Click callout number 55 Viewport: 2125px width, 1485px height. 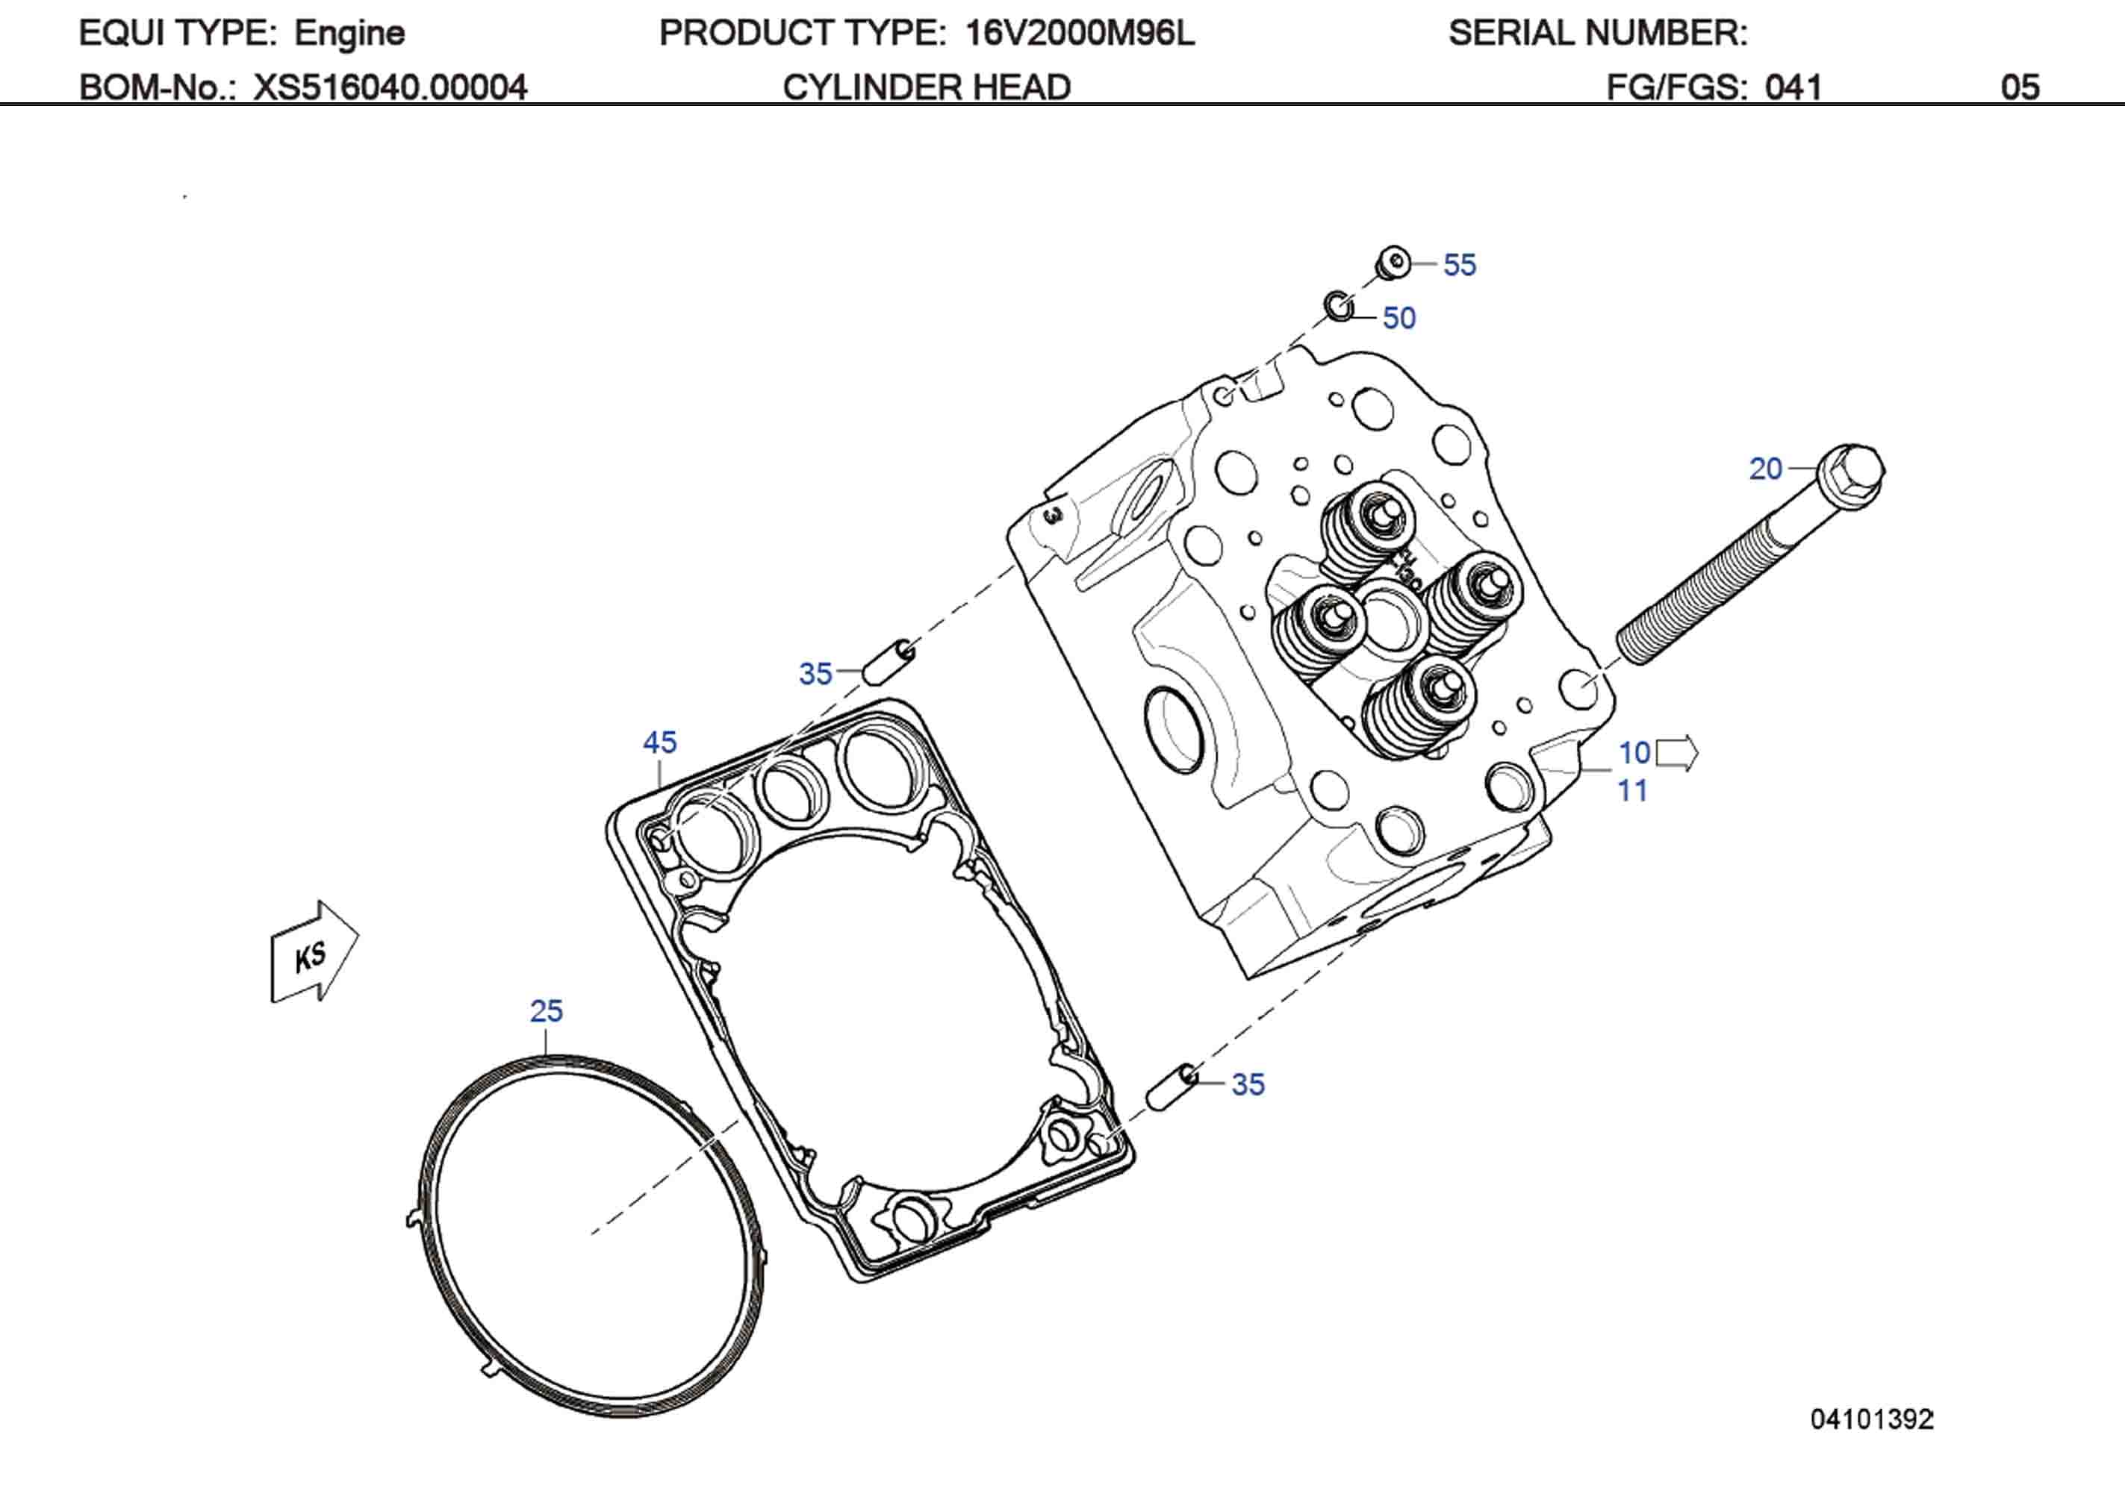pos(1460,266)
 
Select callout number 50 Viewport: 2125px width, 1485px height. pos(1398,319)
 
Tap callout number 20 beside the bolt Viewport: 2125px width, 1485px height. pos(1765,469)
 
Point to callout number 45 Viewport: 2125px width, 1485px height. pos(660,742)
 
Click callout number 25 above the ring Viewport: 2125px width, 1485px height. pos(546,1010)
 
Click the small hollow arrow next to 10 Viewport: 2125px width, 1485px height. pos(1676,753)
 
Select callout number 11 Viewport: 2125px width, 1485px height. pos(1633,791)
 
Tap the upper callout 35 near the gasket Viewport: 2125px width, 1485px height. pos(815,674)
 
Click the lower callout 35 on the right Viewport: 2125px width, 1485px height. pos(1248,1084)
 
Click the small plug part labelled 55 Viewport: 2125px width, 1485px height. pos(1393,263)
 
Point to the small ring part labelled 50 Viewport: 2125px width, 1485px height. pos(1338,306)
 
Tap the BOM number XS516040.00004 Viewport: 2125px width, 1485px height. pos(391,88)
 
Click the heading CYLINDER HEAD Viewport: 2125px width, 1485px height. pos(927,88)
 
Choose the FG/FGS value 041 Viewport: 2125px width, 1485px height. pos(1793,88)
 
